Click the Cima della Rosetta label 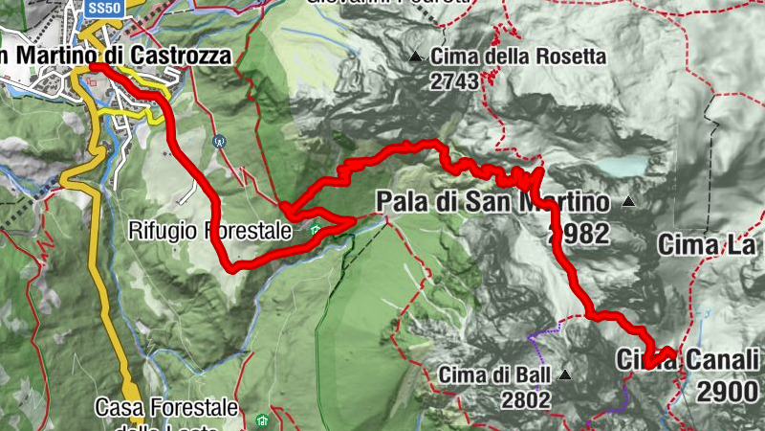tap(518, 57)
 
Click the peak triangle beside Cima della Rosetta tap(415, 57)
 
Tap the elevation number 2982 tap(579, 235)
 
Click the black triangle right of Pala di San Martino tap(628, 202)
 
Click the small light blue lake tap(623, 168)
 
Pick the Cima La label tap(706, 246)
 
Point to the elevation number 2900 tap(729, 390)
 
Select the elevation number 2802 tap(525, 399)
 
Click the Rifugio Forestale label tap(209, 230)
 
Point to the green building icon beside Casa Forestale tap(262, 420)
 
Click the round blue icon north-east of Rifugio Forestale tap(220, 140)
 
